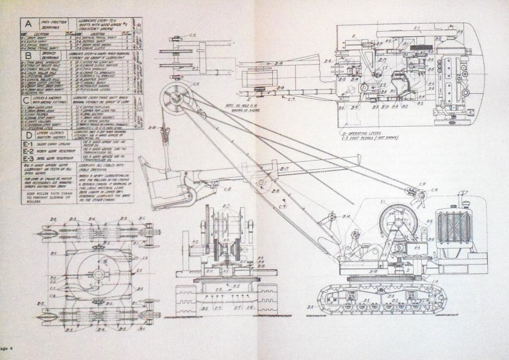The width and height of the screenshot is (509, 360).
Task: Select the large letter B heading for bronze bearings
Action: pos(29,55)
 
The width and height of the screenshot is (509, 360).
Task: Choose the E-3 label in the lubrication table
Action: pos(28,159)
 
